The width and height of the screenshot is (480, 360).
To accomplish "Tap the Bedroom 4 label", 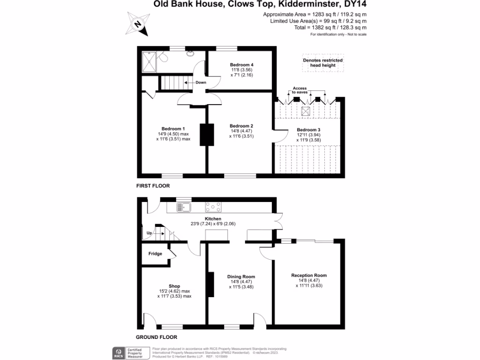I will tap(242, 65).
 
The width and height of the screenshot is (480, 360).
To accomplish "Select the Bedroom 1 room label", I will tap(173, 129).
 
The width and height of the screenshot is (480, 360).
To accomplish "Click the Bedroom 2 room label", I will tap(241, 126).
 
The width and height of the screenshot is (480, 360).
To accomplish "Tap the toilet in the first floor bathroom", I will tap(163, 58).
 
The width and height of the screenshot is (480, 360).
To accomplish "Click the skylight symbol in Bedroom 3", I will tap(306, 112).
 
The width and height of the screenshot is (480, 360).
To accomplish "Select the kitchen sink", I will tap(183, 207).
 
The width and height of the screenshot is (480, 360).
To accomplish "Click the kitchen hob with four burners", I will tap(214, 206).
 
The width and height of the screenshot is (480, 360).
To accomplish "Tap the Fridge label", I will tap(155, 254).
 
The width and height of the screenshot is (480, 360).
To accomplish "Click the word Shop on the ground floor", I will tap(174, 286).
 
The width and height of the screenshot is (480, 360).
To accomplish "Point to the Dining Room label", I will tap(241, 277).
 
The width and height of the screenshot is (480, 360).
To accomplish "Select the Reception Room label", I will tap(309, 276).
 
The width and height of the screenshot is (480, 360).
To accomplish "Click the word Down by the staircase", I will tap(201, 82).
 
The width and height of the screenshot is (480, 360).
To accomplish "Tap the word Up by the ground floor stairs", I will tap(150, 233).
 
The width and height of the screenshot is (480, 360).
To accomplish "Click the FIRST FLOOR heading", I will tap(153, 186).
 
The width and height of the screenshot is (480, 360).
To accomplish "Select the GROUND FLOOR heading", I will tap(157, 337).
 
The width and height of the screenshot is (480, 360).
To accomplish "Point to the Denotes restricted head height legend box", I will tap(322, 63).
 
